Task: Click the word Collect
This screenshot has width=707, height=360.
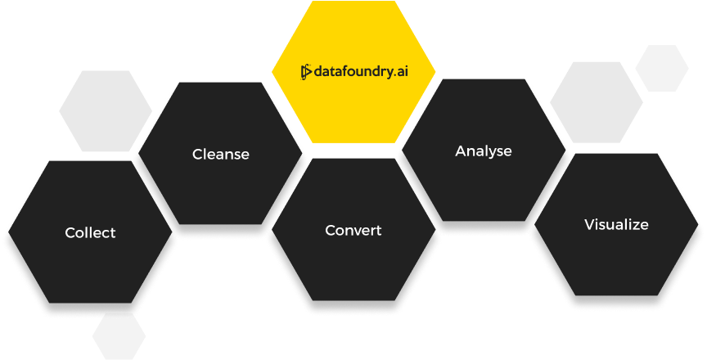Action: pyautogui.click(x=90, y=233)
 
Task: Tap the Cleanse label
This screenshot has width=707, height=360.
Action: pyautogui.click(x=220, y=154)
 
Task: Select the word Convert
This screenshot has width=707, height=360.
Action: pyautogui.click(x=353, y=231)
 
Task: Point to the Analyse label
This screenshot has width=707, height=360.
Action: pyautogui.click(x=483, y=151)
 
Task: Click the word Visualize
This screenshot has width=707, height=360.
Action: pyautogui.click(x=616, y=224)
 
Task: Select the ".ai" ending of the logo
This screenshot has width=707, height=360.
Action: pyautogui.click(x=400, y=72)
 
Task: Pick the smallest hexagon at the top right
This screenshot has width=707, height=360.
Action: pyautogui.click(x=661, y=68)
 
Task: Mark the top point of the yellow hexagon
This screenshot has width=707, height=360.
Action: pyautogui.click(x=353, y=2)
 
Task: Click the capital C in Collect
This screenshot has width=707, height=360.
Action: pyautogui.click(x=70, y=233)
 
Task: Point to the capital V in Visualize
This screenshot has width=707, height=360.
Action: pyautogui.click(x=589, y=224)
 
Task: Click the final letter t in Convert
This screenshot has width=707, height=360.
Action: pyautogui.click(x=378, y=231)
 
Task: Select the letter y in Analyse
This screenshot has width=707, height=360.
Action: pyautogui.click(x=494, y=153)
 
